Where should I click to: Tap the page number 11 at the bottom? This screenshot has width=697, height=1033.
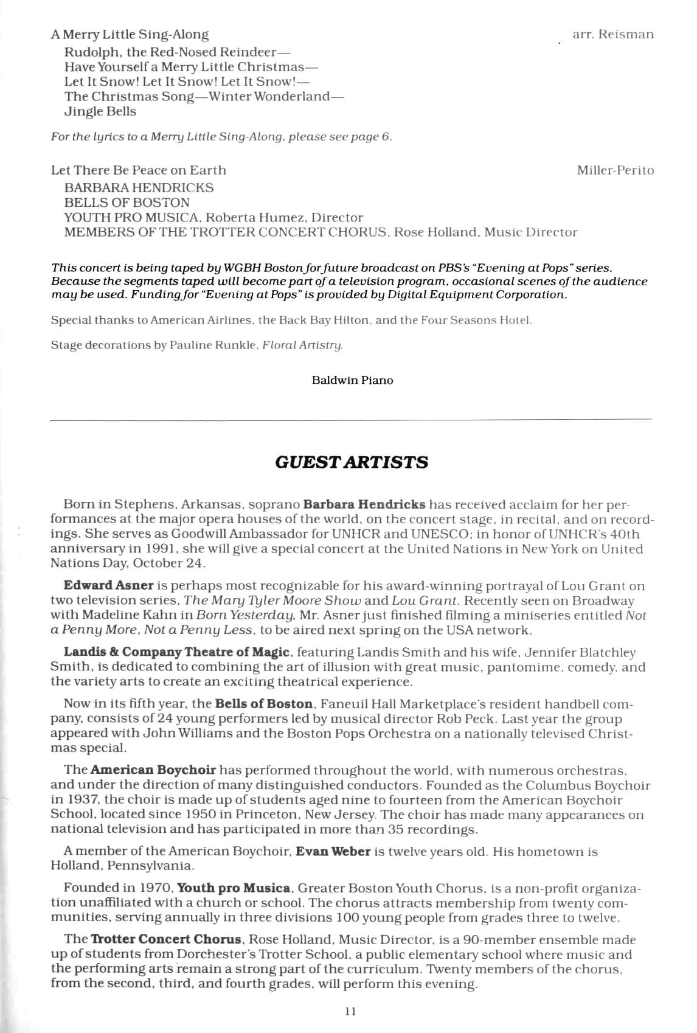350,1011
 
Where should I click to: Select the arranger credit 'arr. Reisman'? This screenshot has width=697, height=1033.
613,35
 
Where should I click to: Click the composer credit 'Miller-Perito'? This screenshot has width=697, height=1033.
615,170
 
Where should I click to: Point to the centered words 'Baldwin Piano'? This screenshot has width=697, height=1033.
352,380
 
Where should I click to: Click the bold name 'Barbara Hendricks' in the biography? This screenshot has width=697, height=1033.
364,504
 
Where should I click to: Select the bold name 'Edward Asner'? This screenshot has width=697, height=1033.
108,586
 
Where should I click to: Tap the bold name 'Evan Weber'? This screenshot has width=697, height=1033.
333,851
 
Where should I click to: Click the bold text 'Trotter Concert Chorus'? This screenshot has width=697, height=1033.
166,940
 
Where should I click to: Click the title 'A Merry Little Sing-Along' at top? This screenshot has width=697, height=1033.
130,35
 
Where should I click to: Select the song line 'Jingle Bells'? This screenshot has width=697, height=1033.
100,111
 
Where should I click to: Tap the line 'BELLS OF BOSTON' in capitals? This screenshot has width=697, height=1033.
127,203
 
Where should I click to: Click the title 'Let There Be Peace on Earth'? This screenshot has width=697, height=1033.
139,170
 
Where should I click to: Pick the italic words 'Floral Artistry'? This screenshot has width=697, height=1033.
302,346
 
